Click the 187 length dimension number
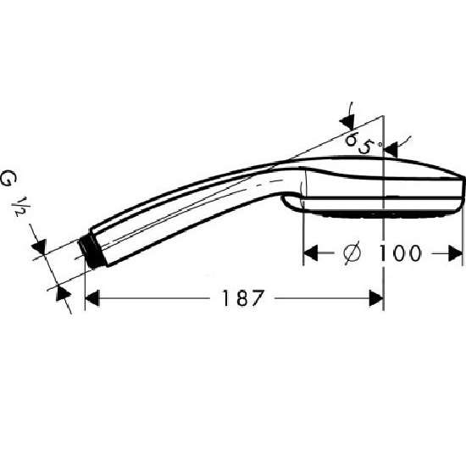(243, 298)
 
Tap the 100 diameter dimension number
(399, 253)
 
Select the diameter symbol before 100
(352, 253)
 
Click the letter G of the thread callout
(9, 178)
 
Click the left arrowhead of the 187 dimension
(92, 298)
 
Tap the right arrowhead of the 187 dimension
(376, 298)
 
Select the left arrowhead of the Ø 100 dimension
(310, 253)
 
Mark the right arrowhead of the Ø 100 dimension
(455, 253)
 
